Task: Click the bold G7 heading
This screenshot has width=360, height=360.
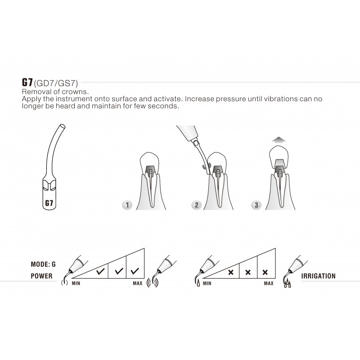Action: coord(27,82)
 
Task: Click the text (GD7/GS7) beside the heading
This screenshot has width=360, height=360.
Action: coord(56,83)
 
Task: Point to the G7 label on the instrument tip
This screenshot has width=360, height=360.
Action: coord(49,203)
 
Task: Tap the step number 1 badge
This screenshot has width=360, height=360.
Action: coord(127,205)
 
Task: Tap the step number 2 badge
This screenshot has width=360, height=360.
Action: coord(197,205)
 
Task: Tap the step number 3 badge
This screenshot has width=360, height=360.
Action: coord(256,205)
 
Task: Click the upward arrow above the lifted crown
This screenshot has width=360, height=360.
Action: coord(279,139)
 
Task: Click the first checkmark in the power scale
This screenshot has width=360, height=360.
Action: coord(100,271)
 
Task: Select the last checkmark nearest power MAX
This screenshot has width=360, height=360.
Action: coord(135,271)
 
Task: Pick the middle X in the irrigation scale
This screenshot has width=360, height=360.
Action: coord(248,272)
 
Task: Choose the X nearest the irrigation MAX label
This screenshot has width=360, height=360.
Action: coord(265,272)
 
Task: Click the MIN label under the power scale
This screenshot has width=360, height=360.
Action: coord(76,283)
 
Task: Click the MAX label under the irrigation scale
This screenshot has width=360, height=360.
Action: coord(269,283)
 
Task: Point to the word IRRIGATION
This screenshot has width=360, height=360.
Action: coord(318,276)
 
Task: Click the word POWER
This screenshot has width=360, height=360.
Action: coord(41,276)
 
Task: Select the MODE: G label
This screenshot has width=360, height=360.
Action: coord(43,264)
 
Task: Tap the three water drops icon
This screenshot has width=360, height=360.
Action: coord(288,284)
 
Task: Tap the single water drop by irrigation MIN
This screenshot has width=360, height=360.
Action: coord(198,283)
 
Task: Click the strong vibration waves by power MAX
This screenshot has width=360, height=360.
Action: coord(152,283)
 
